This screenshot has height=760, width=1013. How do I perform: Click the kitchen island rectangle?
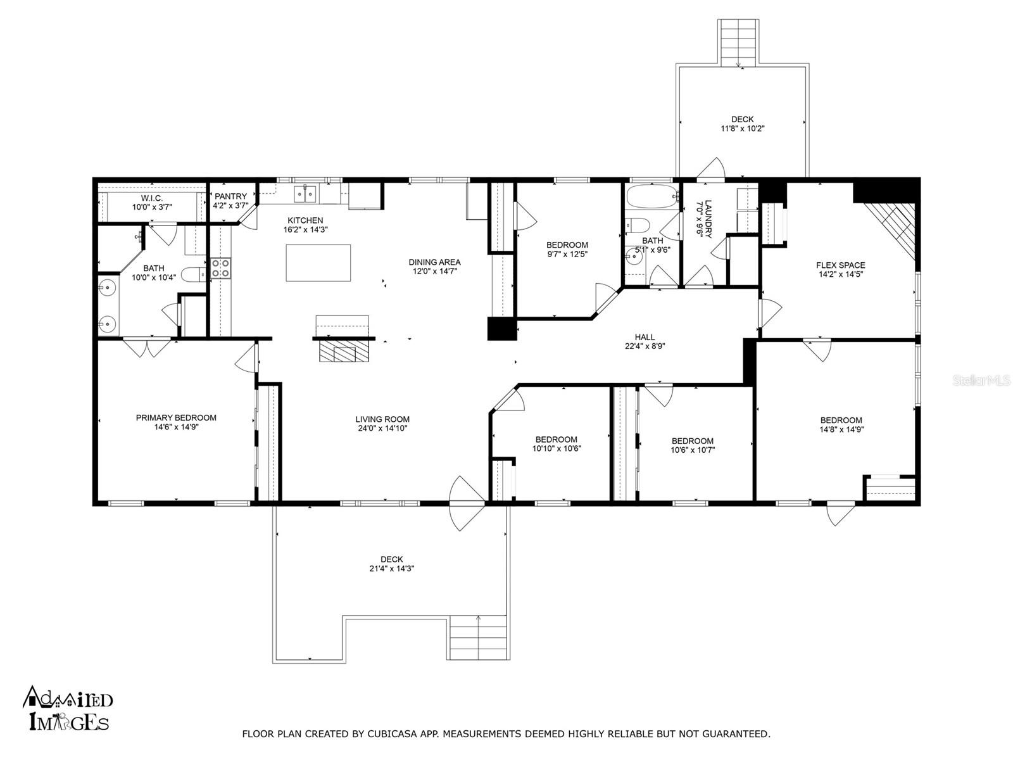point(318,263)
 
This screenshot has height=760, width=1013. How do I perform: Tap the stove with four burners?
point(220,268)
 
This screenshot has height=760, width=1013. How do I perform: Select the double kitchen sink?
point(305,194)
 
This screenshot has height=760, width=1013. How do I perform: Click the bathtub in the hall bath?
point(651,196)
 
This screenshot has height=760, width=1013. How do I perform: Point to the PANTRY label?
point(230,196)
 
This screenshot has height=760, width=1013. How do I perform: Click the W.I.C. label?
point(152,198)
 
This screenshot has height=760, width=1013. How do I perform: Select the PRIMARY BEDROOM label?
point(176,417)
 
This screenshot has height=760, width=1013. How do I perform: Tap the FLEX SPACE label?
point(840,265)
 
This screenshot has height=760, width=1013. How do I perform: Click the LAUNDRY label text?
point(708,218)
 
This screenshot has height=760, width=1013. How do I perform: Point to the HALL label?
point(645,338)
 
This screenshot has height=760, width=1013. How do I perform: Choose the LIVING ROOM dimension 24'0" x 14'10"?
point(382,428)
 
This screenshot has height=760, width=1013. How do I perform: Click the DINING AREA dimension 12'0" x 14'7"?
point(435,271)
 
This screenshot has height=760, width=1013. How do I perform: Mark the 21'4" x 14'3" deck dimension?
point(392,569)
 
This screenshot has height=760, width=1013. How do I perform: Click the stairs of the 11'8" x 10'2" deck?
point(738,42)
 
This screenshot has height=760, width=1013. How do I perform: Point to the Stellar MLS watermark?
point(981,380)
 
